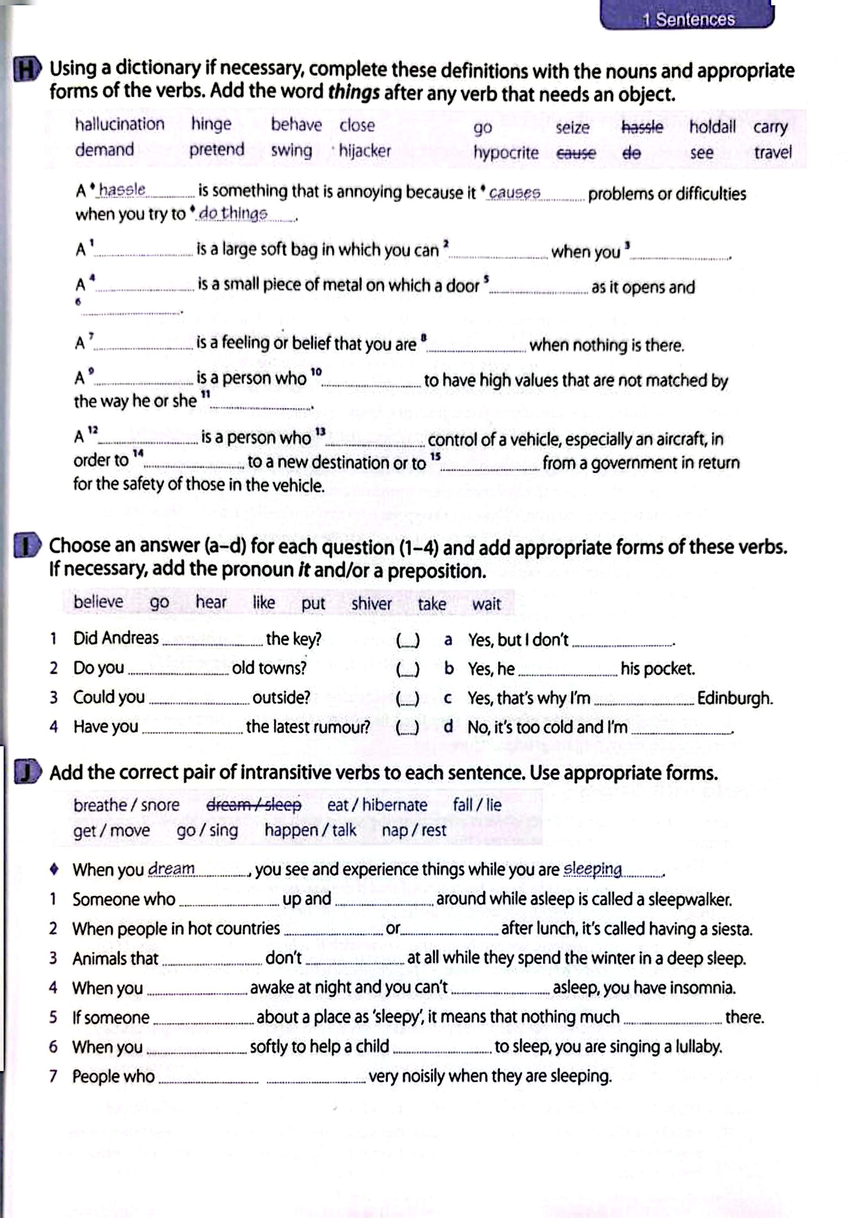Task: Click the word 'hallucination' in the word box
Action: (119, 124)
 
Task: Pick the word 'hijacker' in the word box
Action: (365, 151)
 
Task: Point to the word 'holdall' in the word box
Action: (712, 127)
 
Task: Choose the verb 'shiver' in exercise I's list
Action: (372, 604)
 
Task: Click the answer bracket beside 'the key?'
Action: (408, 640)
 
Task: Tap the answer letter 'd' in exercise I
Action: (448, 726)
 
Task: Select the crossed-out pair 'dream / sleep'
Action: (254, 805)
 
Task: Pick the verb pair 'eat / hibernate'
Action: (377, 805)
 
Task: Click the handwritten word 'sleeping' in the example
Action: (592, 869)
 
